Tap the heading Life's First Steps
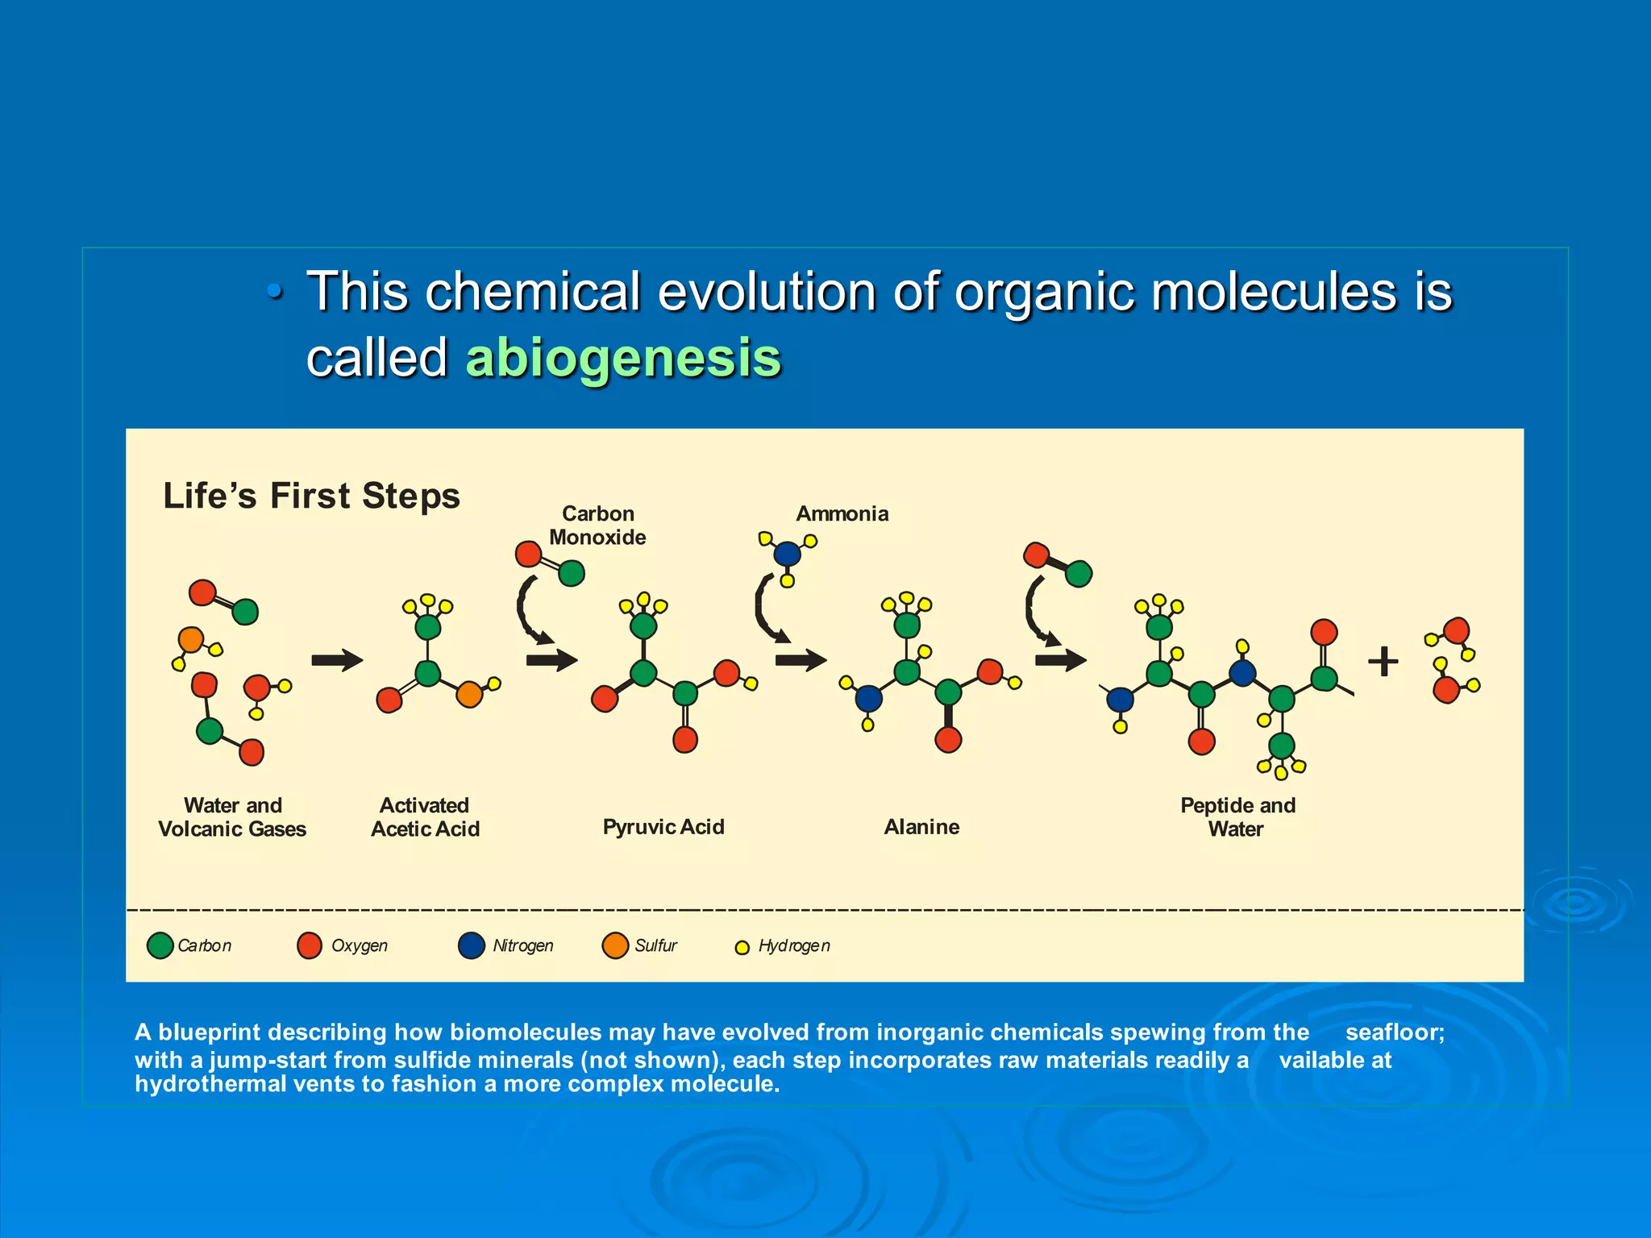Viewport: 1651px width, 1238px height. [x=311, y=495]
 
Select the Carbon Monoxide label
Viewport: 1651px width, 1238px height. [x=597, y=526]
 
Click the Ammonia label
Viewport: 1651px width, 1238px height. [x=842, y=513]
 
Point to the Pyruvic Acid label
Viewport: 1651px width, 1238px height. [x=663, y=827]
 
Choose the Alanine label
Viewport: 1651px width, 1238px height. [x=921, y=827]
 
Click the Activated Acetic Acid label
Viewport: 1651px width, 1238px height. [x=425, y=816]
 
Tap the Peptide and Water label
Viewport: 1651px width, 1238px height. [x=1237, y=816]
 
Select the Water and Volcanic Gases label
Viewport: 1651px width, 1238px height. [x=232, y=816]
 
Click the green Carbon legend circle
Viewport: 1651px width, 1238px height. [x=160, y=945]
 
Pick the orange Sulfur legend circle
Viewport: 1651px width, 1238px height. [x=615, y=945]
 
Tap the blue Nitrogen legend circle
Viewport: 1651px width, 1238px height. [x=471, y=945]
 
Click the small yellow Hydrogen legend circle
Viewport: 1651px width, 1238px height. [x=742, y=948]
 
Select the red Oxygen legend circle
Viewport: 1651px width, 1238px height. [x=310, y=945]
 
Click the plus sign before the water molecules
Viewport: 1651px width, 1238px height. [x=1383, y=662]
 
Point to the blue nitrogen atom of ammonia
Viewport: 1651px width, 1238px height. [x=787, y=554]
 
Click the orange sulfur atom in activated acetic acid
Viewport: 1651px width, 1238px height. [x=469, y=694]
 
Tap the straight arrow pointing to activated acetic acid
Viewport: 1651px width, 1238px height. [x=337, y=661]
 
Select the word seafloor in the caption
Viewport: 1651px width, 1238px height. [x=1395, y=1032]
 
